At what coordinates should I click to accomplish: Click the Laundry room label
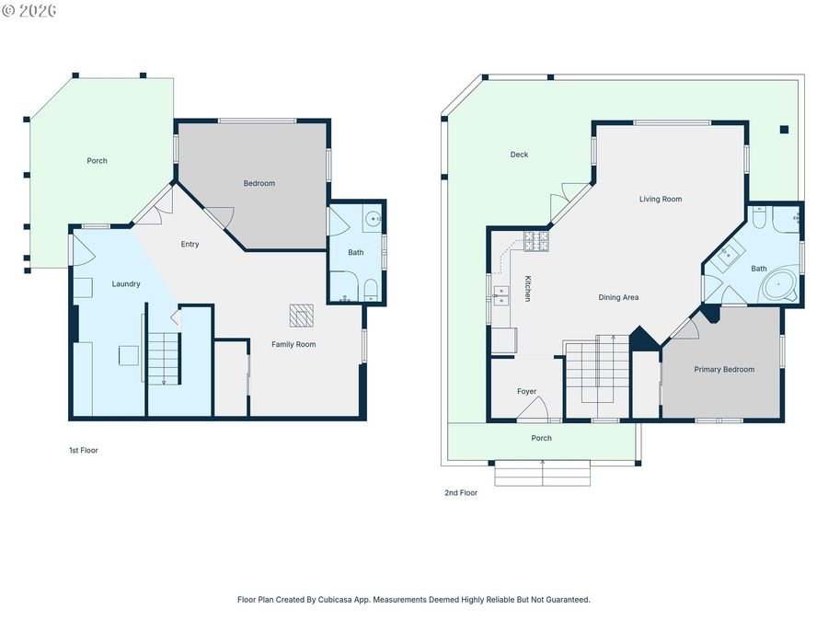(126, 284)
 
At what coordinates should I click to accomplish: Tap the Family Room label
(293, 344)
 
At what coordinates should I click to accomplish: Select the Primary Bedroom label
(724, 370)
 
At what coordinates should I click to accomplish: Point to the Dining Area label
(618, 297)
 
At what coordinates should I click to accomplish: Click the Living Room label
(661, 199)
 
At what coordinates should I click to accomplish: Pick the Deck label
(519, 155)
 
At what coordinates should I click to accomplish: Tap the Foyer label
(526, 391)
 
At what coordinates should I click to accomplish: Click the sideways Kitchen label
(527, 288)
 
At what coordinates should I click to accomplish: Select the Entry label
(190, 244)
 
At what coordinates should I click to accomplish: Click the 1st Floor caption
(84, 451)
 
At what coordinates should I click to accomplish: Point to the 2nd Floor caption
(461, 493)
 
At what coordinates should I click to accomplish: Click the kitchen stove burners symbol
(536, 241)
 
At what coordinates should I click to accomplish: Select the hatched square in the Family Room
(302, 316)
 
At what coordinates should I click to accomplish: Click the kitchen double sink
(500, 295)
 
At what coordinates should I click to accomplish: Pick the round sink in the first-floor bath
(374, 218)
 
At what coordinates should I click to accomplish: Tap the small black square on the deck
(784, 130)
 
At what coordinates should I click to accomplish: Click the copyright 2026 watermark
(29, 10)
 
